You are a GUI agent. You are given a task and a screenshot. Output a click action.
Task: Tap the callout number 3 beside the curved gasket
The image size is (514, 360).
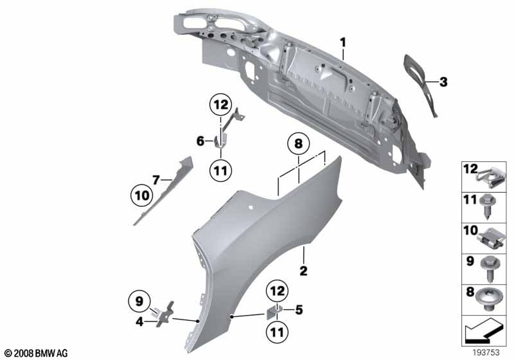(443, 82)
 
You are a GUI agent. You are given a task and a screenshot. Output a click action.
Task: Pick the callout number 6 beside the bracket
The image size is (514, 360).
(200, 139)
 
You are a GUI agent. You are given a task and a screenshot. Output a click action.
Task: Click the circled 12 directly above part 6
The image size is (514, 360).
(221, 104)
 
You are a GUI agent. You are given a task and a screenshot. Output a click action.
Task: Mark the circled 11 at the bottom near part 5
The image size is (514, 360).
(276, 332)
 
